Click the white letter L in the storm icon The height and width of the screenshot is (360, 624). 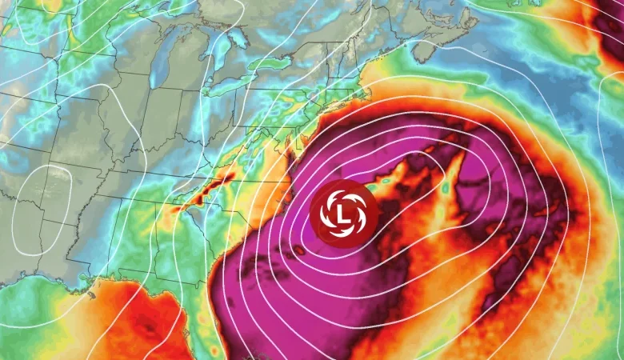343,214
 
